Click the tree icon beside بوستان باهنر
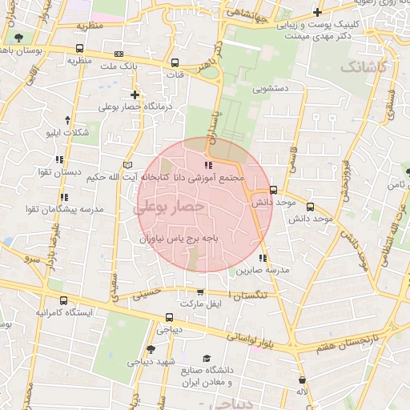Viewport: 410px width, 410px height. [x=18, y=38]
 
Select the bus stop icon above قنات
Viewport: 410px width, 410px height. [x=175, y=62]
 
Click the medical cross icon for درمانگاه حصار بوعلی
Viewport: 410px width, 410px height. [x=135, y=94]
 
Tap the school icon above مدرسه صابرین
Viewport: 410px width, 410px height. [x=262, y=258]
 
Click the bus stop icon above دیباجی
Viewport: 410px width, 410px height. [x=168, y=316]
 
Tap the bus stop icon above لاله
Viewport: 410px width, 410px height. [x=301, y=380]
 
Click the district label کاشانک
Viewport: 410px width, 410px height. [x=363, y=66]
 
